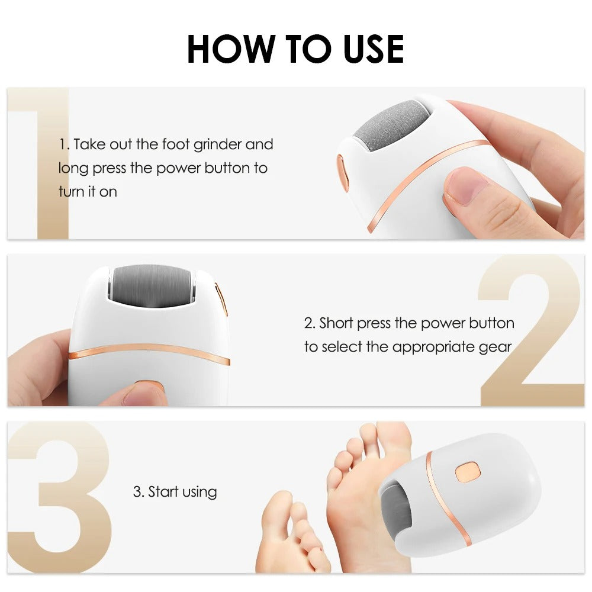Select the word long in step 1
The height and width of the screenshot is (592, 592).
(72, 168)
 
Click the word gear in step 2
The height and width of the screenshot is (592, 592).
(496, 347)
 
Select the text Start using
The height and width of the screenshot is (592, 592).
(175, 492)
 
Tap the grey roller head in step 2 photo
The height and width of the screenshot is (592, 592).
(152, 285)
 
